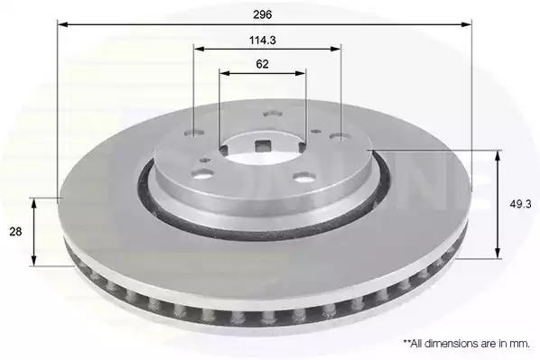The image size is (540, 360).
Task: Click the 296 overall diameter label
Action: click(x=263, y=14)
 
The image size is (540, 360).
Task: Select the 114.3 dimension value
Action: click(x=263, y=41)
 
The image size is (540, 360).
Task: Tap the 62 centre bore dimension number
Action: click(x=262, y=64)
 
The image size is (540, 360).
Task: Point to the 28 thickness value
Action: click(x=15, y=232)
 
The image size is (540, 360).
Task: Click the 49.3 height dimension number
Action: click(x=520, y=204)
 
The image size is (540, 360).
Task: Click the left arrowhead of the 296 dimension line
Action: click(x=62, y=24)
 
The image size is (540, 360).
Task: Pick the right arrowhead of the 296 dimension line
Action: click(x=467, y=24)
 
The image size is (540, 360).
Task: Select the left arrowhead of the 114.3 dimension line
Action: click(x=199, y=49)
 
